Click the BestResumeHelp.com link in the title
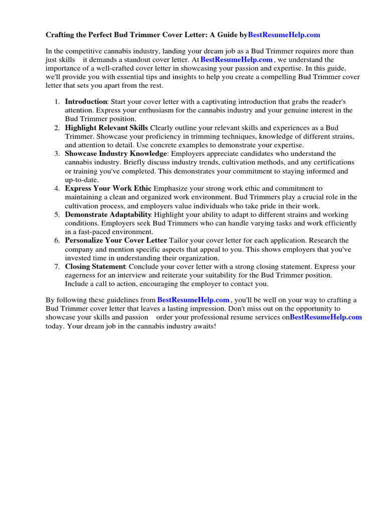pos(284,35)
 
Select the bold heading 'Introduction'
pos(86,101)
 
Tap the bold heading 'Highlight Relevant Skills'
pos(106,128)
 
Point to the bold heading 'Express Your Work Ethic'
pos(108,188)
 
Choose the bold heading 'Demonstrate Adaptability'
pos(108,214)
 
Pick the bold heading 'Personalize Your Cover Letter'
pos(116,240)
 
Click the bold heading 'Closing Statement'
pos(95,267)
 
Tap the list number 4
pos(57,188)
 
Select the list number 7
pos(57,267)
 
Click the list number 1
pos(57,101)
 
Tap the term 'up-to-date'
pos(82,180)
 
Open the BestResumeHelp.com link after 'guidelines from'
pos(193,300)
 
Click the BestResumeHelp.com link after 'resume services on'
pos(326,317)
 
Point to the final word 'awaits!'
pos(204,326)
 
